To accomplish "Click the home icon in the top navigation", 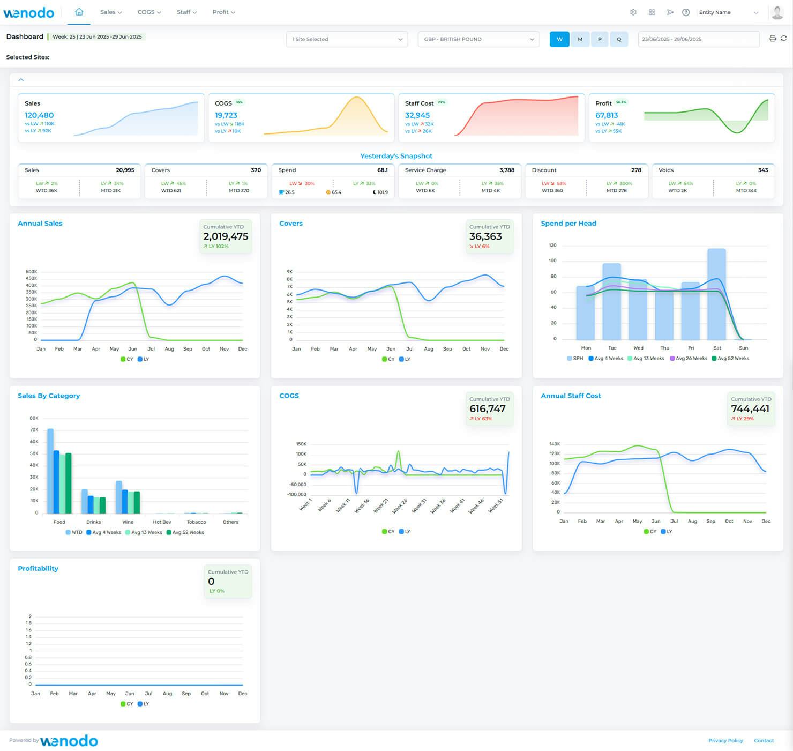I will point(79,12).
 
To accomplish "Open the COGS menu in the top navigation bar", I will point(149,12).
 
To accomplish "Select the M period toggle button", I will point(580,39).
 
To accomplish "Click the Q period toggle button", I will point(619,39).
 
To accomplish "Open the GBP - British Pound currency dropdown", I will point(478,39).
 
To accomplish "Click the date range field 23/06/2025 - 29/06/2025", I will point(698,39).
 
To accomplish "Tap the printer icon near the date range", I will point(772,39).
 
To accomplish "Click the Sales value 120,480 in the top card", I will point(39,115).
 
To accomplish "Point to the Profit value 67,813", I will point(607,115).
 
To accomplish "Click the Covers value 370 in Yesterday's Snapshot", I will point(256,170).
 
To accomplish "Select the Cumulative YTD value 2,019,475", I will point(226,236).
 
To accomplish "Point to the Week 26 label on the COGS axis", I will point(400,505).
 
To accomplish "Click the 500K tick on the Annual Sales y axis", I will point(31,272).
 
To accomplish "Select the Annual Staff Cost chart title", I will point(571,396).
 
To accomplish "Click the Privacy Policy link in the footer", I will point(725,740).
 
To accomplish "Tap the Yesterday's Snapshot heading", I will point(396,156).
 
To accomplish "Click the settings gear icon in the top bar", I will point(633,12).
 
